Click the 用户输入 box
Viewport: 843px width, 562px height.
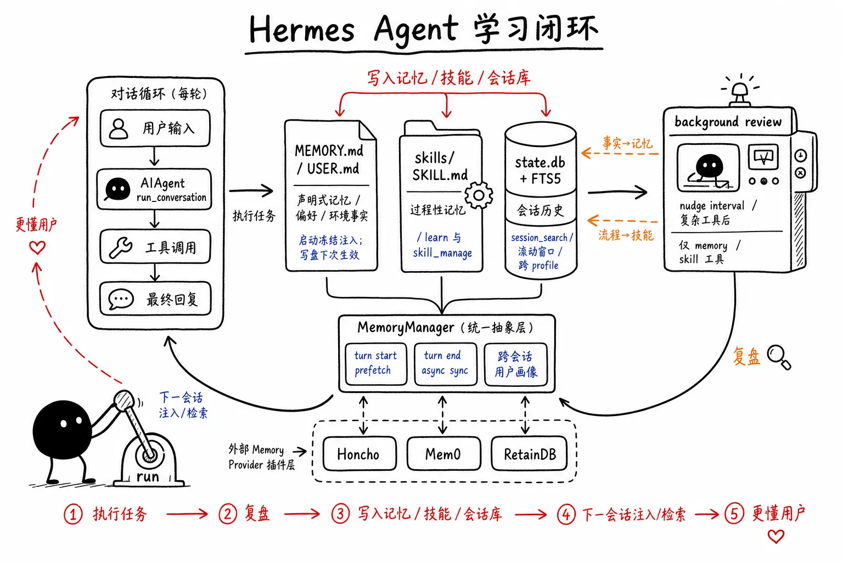point(155,128)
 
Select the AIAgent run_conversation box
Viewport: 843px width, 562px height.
point(154,189)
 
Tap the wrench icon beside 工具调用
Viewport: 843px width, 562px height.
point(120,248)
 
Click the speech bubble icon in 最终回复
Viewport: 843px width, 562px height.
point(121,299)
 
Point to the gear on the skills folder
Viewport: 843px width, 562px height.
point(479,195)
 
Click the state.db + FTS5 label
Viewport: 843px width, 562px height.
point(540,171)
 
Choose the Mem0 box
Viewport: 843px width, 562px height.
point(443,453)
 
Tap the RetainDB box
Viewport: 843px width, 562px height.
point(529,453)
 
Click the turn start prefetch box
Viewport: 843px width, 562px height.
point(376,364)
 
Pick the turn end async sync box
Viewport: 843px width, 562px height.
point(445,364)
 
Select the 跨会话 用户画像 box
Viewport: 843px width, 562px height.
point(515,364)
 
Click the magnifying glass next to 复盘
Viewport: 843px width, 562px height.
point(779,357)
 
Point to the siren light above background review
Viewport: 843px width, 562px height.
point(740,90)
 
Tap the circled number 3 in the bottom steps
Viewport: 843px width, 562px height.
point(340,514)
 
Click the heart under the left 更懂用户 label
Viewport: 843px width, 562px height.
point(37,248)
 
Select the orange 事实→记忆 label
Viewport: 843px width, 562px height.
point(627,143)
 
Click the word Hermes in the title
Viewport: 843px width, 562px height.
point(302,29)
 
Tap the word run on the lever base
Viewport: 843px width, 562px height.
point(148,476)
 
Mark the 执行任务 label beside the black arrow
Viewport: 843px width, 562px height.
point(254,216)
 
